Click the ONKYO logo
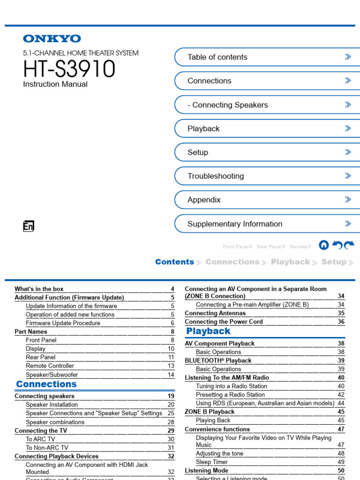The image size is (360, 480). pyautogui.click(x=52, y=39)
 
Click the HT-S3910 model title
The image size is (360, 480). pyautogui.click(x=69, y=69)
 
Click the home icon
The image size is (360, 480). pyautogui.click(x=323, y=245)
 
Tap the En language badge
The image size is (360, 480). pyautogui.click(x=29, y=227)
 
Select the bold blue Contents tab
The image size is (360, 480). pyautogui.click(x=174, y=262)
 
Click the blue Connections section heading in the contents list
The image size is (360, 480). pyautogui.click(x=46, y=384)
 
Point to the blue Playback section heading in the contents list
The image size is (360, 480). pyautogui.click(x=209, y=331)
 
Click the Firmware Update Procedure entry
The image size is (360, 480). pyautogui.click(x=63, y=323)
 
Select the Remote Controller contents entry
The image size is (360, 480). pyautogui.click(x=50, y=366)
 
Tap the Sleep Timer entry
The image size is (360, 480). pyautogui.click(x=212, y=462)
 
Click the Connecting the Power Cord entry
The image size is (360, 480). pyautogui.click(x=224, y=322)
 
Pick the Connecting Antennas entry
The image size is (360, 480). pyautogui.click(x=215, y=313)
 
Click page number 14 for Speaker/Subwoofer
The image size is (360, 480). pyautogui.click(x=171, y=375)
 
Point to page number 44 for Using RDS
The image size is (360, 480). pyautogui.click(x=341, y=403)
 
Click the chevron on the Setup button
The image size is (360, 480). pyautogui.click(x=348, y=152)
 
